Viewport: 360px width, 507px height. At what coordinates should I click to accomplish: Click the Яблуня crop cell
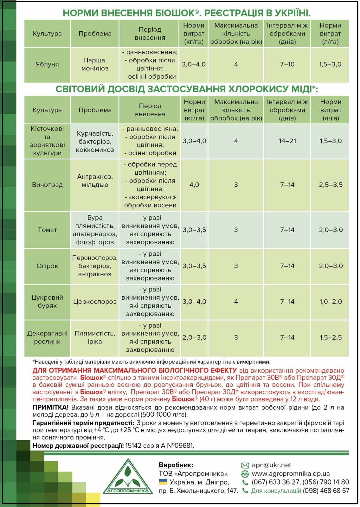tap(47, 64)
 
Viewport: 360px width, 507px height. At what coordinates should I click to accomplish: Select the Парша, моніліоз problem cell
tap(95, 64)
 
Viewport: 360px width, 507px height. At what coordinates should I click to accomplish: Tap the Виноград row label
tap(47, 185)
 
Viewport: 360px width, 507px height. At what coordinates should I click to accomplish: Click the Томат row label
tap(47, 230)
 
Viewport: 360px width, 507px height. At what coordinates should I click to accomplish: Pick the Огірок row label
tap(47, 266)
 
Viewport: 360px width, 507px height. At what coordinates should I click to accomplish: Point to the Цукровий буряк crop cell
tap(47, 302)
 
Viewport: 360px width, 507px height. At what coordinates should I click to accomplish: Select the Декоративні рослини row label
tap(47, 337)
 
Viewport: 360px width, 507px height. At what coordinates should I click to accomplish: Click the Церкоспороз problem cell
tap(95, 302)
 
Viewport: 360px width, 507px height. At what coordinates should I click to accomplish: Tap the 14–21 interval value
tap(287, 141)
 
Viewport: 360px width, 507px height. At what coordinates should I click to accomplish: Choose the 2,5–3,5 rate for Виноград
tap(331, 185)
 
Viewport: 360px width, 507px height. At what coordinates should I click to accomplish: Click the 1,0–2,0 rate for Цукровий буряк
tap(331, 302)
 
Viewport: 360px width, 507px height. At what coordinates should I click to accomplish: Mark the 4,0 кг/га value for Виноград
tap(194, 185)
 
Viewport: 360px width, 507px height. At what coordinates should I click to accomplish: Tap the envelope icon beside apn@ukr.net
tap(245, 465)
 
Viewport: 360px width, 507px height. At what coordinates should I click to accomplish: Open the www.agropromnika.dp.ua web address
tap(291, 474)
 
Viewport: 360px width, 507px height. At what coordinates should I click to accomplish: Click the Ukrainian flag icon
tap(163, 482)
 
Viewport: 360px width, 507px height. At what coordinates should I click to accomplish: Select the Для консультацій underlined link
tap(276, 491)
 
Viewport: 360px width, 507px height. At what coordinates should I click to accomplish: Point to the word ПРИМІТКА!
tap(50, 408)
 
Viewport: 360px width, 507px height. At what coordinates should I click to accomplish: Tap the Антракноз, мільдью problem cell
tap(95, 181)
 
